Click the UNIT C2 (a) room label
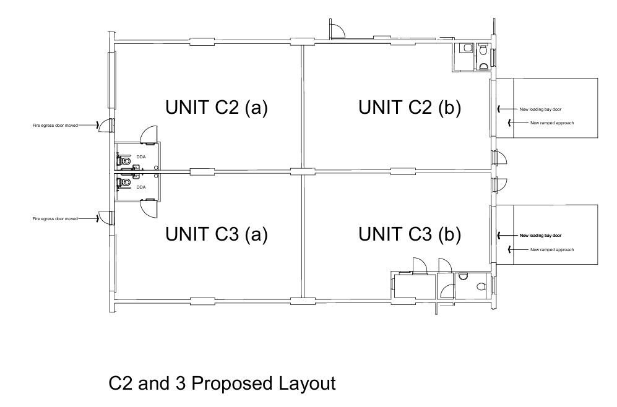tap(217, 108)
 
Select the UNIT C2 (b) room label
tap(410, 108)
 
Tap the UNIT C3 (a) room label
tap(217, 234)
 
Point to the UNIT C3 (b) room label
tap(410, 234)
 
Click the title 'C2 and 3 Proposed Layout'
tap(222, 383)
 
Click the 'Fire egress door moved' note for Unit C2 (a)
tap(55, 126)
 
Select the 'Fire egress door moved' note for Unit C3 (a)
tap(55, 218)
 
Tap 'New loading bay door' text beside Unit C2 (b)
tap(540, 109)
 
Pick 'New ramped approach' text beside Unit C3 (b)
tap(552, 250)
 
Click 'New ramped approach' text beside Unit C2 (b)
tap(552, 123)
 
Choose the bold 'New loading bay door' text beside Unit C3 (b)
tap(540, 236)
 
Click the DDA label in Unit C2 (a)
tap(141, 157)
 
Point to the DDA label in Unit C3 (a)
tap(141, 187)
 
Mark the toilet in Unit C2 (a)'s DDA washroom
tap(124, 161)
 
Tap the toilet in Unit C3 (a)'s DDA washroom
tap(124, 182)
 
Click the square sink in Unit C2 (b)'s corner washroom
tap(467, 48)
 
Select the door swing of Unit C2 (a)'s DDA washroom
tap(151, 129)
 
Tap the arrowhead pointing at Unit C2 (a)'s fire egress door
tap(97, 126)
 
